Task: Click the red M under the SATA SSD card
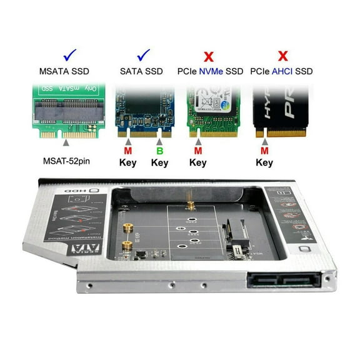tap(127, 151)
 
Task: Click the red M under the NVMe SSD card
tap(197, 151)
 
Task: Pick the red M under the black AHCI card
tap(264, 151)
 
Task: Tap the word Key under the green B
tap(159, 163)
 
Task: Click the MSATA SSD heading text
tap(59, 71)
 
